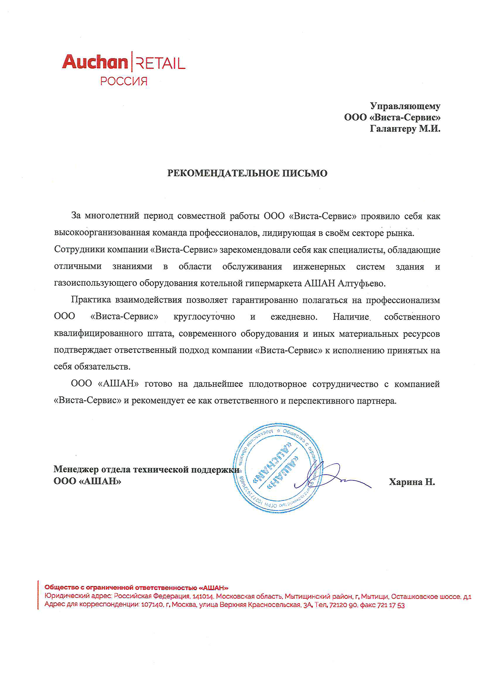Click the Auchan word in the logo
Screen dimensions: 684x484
95,62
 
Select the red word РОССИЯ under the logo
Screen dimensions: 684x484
124,81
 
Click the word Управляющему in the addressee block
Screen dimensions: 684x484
405,106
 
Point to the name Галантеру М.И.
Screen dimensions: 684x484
405,129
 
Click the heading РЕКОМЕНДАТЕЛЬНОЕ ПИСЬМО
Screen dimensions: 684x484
247,173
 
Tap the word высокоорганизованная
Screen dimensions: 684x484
101,233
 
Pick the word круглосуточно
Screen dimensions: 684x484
204,317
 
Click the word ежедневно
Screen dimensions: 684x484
294,317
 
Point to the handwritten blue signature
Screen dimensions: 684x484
332,476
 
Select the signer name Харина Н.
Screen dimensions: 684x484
412,482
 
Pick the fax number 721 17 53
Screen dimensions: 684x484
391,605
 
